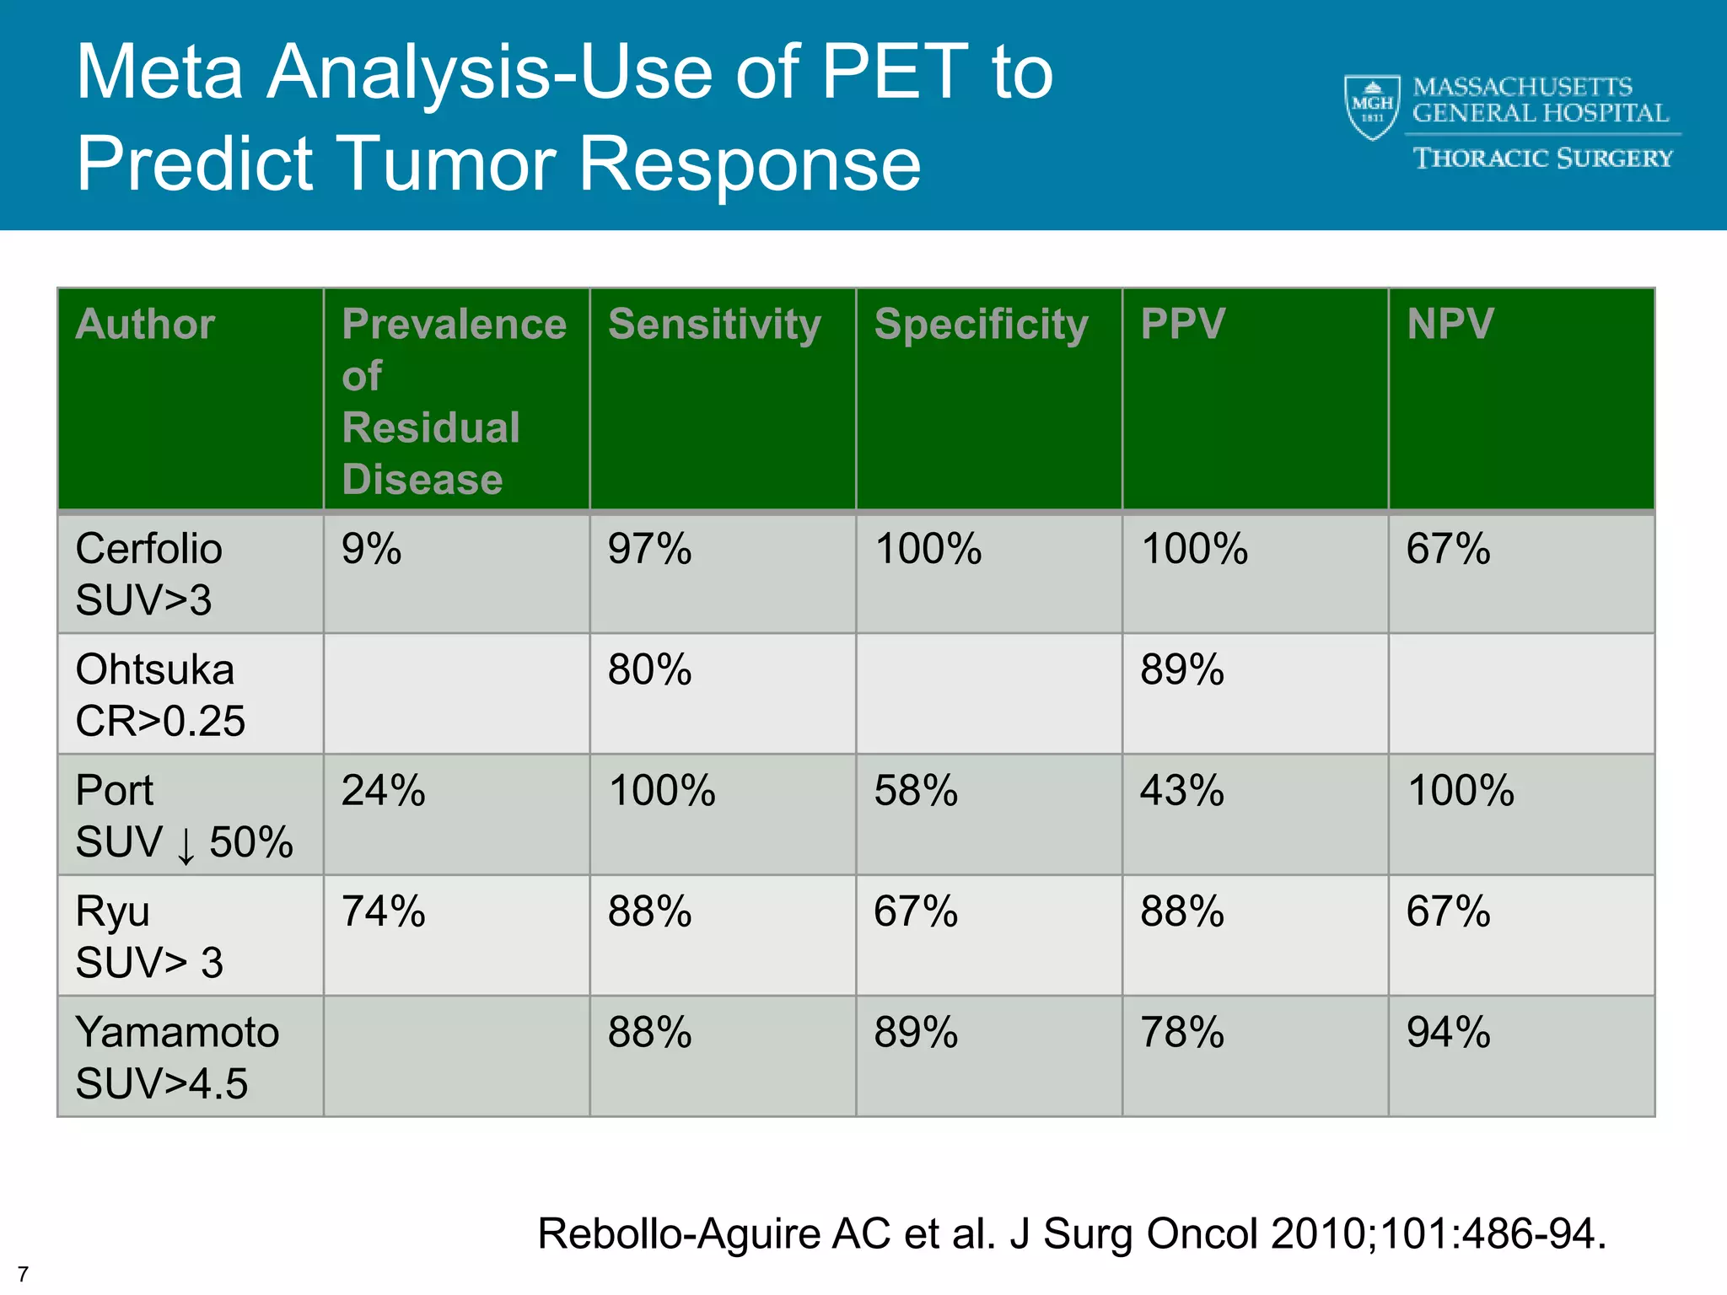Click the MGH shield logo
coord(1371,107)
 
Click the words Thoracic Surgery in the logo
coord(1542,159)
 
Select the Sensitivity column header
coord(714,325)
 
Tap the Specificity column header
coord(981,325)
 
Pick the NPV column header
coord(1450,324)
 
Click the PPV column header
coord(1182,324)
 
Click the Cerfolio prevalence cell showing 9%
coord(371,549)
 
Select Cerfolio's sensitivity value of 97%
coord(649,549)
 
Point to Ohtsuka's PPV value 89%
coord(1181,670)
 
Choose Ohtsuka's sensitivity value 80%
coord(649,670)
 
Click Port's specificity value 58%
coord(916,791)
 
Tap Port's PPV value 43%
coord(1181,791)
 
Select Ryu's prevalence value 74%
coord(383,911)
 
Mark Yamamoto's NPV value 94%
coord(1448,1033)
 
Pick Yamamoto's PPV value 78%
coord(1181,1033)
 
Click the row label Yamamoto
coord(177,1033)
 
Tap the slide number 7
coord(23,1274)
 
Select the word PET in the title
coord(894,73)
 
